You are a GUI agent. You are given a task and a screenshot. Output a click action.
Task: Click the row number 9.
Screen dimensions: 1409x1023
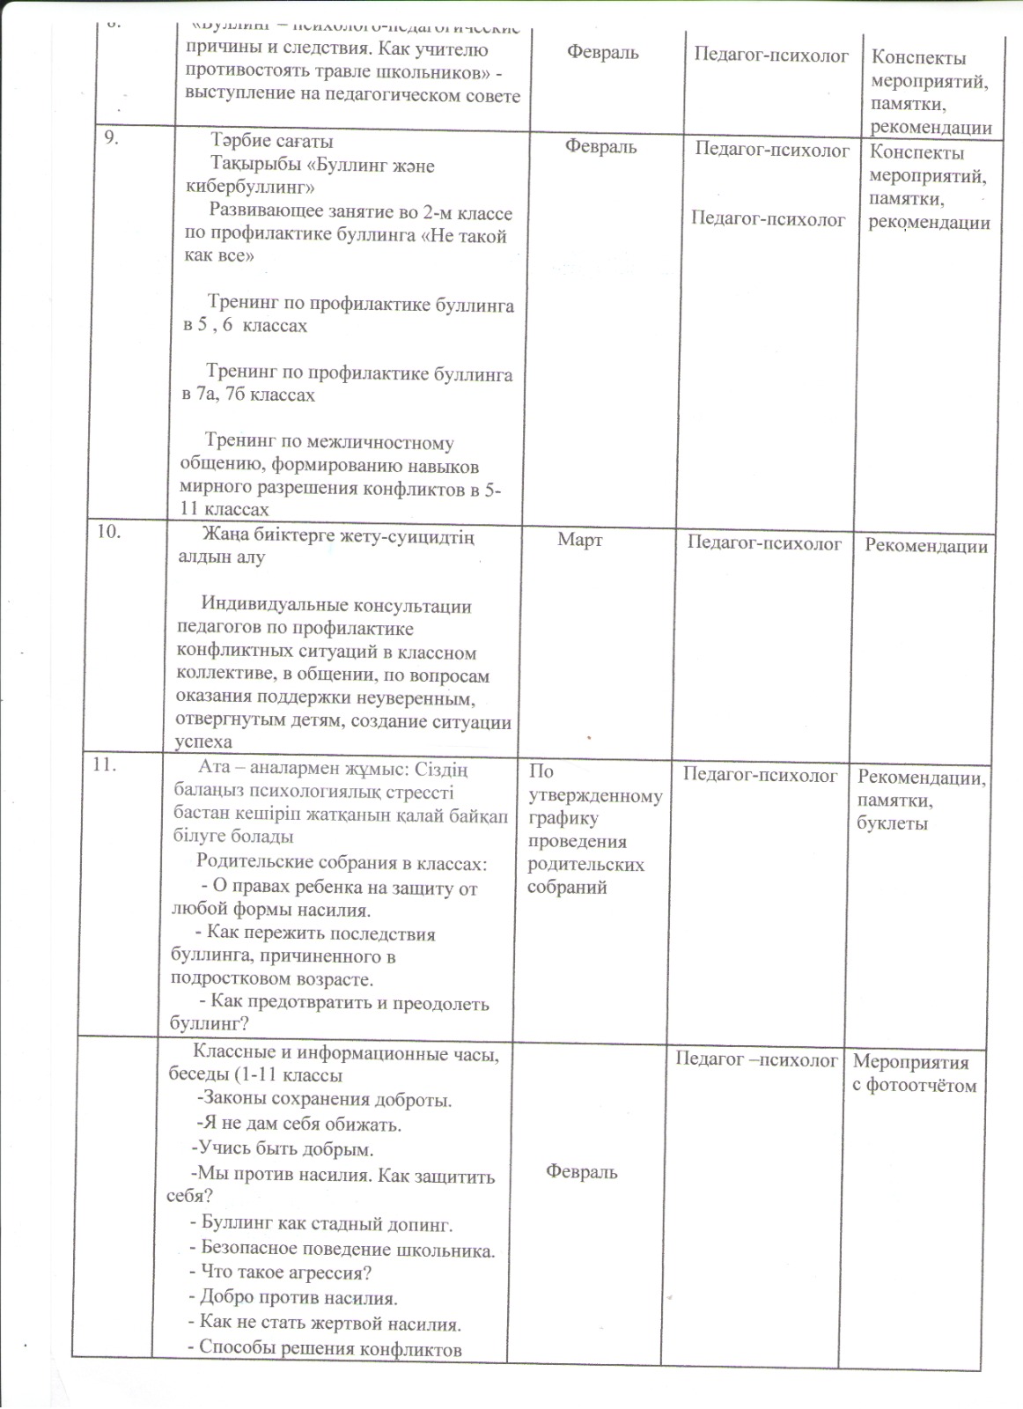coord(111,137)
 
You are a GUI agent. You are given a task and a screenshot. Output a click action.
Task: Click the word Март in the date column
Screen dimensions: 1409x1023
coord(579,540)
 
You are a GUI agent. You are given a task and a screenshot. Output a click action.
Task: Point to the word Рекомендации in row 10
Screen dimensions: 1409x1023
coord(925,546)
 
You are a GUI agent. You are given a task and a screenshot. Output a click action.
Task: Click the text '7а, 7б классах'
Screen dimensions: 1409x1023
coord(248,395)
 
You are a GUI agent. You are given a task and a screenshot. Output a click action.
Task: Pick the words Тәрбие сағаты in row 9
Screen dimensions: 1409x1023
coord(272,141)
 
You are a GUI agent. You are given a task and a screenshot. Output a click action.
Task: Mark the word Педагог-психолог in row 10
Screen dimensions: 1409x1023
coord(764,544)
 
